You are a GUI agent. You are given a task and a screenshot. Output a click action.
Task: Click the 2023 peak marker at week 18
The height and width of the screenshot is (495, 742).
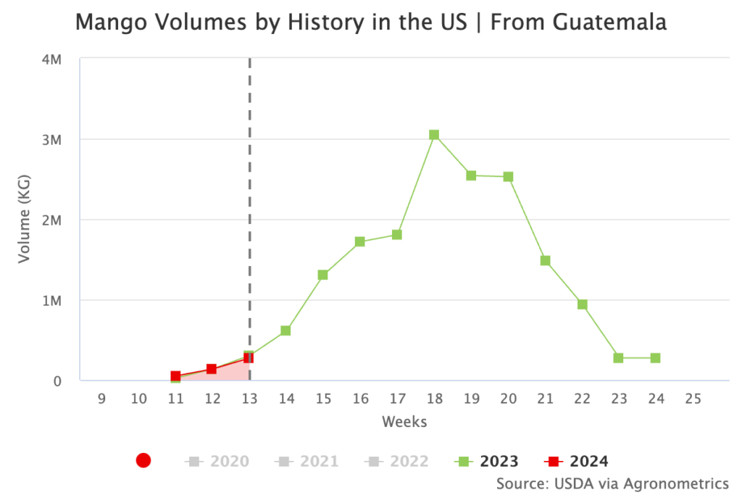(x=434, y=135)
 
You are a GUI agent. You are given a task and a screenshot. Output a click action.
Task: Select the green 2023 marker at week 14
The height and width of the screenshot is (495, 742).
(x=285, y=330)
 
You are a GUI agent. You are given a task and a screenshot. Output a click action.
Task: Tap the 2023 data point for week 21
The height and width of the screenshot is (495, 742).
(x=545, y=260)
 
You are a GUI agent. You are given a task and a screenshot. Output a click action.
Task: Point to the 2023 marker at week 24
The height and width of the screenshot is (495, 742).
(x=655, y=358)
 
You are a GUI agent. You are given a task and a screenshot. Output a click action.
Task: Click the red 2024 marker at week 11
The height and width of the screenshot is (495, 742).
(x=175, y=376)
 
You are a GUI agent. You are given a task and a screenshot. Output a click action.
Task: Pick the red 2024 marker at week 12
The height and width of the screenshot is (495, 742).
(x=212, y=369)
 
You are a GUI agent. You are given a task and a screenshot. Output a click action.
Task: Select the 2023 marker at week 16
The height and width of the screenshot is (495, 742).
(x=359, y=241)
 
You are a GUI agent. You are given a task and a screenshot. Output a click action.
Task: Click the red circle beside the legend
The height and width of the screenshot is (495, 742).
(x=143, y=461)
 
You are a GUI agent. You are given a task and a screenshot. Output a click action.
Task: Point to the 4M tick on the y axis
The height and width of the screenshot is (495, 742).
(x=51, y=59)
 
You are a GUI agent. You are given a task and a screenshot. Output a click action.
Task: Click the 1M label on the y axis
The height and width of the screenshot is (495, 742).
(x=51, y=300)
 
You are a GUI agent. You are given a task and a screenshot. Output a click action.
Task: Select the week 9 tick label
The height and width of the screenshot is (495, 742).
(x=101, y=398)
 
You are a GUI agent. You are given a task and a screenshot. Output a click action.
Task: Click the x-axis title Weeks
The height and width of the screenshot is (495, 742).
(x=404, y=421)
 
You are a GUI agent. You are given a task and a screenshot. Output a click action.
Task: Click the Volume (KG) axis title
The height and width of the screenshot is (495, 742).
(x=25, y=219)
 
